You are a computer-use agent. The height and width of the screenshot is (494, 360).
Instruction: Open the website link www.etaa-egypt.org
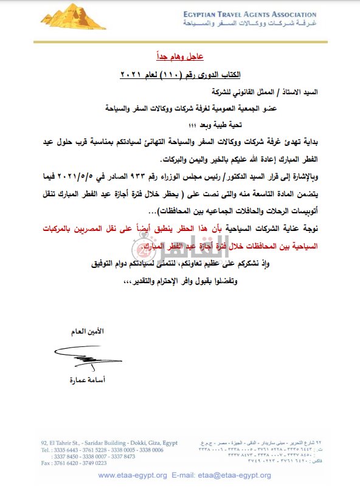pyautogui.click(x=133, y=475)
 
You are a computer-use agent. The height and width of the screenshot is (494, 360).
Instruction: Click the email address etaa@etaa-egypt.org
pyautogui.click(x=230, y=475)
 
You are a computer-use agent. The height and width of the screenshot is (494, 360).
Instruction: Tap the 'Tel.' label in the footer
pyautogui.click(x=46, y=450)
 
